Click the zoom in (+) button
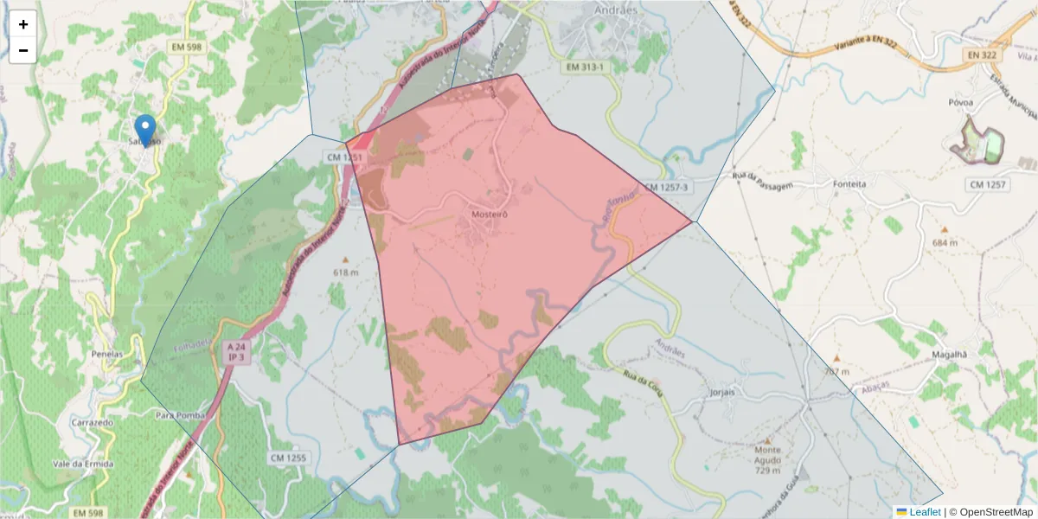23,24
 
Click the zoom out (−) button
23,50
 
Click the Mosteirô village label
490,214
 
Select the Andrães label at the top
615,10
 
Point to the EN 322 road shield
979,54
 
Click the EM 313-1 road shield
586,67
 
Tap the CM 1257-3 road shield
666,187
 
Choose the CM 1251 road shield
344,157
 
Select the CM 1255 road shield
288,457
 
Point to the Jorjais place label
721,392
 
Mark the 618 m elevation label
346,272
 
